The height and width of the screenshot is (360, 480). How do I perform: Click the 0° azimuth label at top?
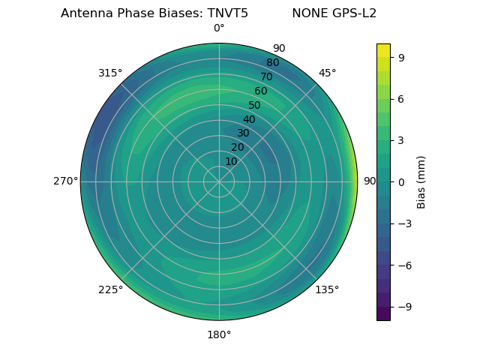219,28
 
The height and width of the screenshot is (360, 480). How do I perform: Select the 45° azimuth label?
327,73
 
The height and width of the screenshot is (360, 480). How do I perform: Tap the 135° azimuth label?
327,289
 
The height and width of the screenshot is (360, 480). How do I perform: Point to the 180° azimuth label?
219,334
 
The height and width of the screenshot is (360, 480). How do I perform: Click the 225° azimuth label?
110,289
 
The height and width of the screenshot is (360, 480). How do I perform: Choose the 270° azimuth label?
65,181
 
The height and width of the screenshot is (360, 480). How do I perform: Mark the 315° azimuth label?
110,73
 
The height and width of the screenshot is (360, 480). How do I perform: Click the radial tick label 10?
231,161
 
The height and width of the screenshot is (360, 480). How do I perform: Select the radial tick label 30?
243,133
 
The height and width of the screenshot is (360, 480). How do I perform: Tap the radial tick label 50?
255,105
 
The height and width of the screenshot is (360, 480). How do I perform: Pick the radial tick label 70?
266,76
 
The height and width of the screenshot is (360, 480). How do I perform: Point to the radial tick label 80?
272,62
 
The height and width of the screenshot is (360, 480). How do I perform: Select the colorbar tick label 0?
400,181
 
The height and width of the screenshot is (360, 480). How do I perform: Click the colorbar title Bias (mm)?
421,181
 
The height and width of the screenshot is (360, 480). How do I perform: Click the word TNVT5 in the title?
225,13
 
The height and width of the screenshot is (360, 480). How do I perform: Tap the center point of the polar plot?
219,181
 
